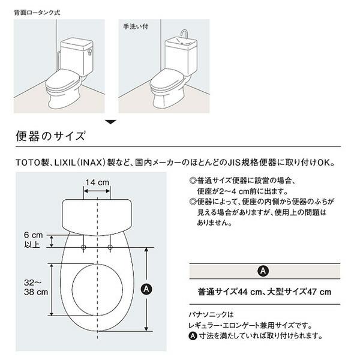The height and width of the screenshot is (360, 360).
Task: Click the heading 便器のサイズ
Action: (51, 136)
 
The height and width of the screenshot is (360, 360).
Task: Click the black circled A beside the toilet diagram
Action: (145, 289)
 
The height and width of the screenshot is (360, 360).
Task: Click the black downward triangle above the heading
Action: (110, 122)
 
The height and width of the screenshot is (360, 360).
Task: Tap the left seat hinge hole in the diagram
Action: (83, 247)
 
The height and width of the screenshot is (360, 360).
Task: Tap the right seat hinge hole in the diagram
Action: (111, 247)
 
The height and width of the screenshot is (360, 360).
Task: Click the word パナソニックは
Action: (211, 314)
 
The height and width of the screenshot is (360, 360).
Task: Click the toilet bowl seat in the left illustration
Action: (67, 83)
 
